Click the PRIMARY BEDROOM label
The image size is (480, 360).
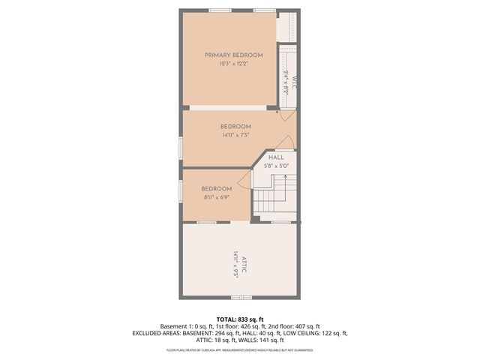click(234, 55)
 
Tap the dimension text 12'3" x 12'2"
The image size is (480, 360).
click(234, 64)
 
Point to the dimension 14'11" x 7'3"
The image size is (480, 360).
click(235, 136)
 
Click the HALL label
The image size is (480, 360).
click(276, 157)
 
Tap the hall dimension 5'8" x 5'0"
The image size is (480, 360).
click(276, 166)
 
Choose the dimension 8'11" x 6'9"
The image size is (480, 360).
click(217, 197)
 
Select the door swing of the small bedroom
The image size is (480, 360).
click(244, 178)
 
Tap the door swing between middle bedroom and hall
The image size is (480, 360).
click(284, 143)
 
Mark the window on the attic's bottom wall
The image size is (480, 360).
click(241, 298)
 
